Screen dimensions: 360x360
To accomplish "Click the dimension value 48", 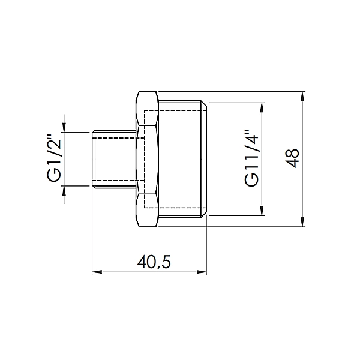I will [292, 159].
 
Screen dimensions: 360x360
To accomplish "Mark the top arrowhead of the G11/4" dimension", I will [262, 107].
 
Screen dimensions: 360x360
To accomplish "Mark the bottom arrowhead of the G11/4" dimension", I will [262, 211].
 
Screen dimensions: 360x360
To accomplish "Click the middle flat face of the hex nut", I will [148, 159].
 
